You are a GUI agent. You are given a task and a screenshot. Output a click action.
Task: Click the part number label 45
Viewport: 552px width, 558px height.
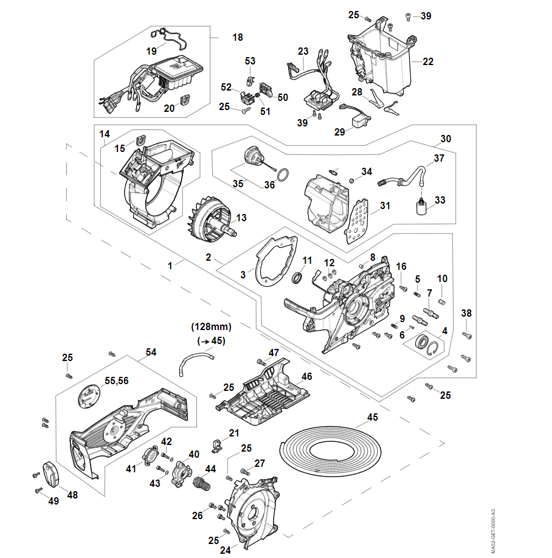pyautogui.click(x=373, y=418)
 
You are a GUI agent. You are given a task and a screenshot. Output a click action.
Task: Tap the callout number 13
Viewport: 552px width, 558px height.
pyautogui.click(x=241, y=218)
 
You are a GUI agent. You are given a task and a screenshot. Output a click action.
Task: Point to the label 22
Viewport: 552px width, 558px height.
pyautogui.click(x=428, y=61)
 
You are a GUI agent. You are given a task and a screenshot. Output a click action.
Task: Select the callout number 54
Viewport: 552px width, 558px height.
pyautogui.click(x=151, y=353)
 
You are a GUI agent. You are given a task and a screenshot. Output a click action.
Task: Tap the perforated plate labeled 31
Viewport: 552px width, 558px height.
pyautogui.click(x=357, y=222)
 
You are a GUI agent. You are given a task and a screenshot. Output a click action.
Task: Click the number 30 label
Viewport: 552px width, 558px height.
pyautogui.click(x=446, y=139)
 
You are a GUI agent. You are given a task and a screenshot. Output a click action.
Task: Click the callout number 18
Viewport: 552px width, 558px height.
pyautogui.click(x=238, y=38)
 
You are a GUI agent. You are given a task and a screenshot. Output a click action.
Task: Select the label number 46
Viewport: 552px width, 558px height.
pyautogui.click(x=307, y=377)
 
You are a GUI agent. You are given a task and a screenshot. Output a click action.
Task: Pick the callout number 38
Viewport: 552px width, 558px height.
pyautogui.click(x=466, y=313)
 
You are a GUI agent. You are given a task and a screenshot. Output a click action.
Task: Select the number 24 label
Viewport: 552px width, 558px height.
pyautogui.click(x=226, y=550)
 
